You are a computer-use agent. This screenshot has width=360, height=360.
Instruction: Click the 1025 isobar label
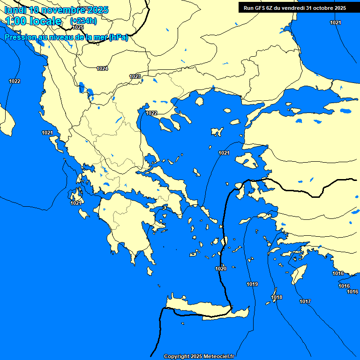click(x=78, y=27)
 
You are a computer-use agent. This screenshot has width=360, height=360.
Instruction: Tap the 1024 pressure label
click(x=102, y=68)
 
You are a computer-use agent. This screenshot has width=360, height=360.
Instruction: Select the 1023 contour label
click(x=135, y=76)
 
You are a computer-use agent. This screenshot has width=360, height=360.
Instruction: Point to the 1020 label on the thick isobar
click(x=221, y=269)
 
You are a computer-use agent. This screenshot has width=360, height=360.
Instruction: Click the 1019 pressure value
click(x=252, y=284)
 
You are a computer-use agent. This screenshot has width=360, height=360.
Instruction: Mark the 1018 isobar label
click(x=277, y=297)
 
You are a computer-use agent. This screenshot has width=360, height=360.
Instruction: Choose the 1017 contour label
click(x=305, y=301)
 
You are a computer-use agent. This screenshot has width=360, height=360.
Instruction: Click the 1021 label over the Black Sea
click(x=336, y=22)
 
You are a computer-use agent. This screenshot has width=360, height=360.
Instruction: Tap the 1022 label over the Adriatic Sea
click(x=15, y=81)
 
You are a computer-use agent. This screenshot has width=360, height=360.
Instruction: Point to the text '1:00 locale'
click(x=33, y=21)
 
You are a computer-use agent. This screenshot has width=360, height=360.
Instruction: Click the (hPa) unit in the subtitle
click(x=118, y=37)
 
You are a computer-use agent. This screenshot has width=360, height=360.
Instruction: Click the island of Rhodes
click(x=298, y=274)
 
